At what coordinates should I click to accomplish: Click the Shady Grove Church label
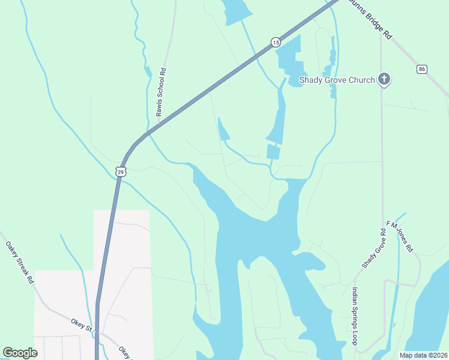337,80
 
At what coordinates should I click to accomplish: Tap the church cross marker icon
384,79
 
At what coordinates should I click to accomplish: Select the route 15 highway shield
275,41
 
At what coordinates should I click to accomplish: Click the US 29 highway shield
121,172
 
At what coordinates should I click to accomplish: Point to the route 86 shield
422,70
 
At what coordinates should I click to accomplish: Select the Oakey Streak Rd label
19,262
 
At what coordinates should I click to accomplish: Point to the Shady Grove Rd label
373,248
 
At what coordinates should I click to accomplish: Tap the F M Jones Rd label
400,236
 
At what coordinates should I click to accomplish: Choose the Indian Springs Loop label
355,318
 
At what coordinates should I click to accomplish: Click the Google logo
20,353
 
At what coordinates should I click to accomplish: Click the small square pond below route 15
273,152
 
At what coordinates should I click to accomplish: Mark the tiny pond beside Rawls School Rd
148,72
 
